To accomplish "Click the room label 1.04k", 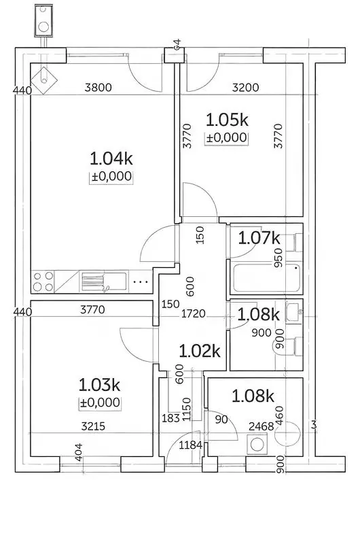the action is (111, 159).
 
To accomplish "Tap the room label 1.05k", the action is (228, 120).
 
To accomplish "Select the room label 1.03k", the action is (99, 385).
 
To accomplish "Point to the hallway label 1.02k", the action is (200, 351).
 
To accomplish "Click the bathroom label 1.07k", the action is (259, 239).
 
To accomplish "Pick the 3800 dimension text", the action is (98, 87).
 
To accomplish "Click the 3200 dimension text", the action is (246, 87).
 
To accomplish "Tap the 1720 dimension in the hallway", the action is (194, 313).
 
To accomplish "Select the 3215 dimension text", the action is (93, 426).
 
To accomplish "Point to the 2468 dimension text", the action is (261, 426).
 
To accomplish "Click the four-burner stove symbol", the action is (43, 282).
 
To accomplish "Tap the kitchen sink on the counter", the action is (104, 282).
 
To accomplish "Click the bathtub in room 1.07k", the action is (266, 278).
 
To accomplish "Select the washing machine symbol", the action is (257, 444).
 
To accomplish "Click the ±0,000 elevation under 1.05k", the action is (227, 138).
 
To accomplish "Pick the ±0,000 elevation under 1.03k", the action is (100, 403).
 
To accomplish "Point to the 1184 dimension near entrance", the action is (191, 445).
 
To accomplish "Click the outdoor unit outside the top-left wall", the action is (43, 20).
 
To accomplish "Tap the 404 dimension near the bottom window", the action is (79, 452).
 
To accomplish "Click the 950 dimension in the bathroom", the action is (278, 258).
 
